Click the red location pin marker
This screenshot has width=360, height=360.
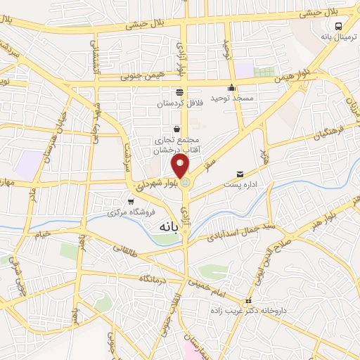(x=181, y=166)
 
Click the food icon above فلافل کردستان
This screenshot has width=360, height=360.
(x=179, y=92)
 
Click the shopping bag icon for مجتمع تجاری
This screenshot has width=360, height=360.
(x=176, y=129)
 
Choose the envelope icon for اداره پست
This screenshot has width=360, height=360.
(x=240, y=174)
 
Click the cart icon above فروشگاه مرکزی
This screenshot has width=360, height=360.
(x=131, y=202)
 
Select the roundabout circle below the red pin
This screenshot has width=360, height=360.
(x=185, y=184)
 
